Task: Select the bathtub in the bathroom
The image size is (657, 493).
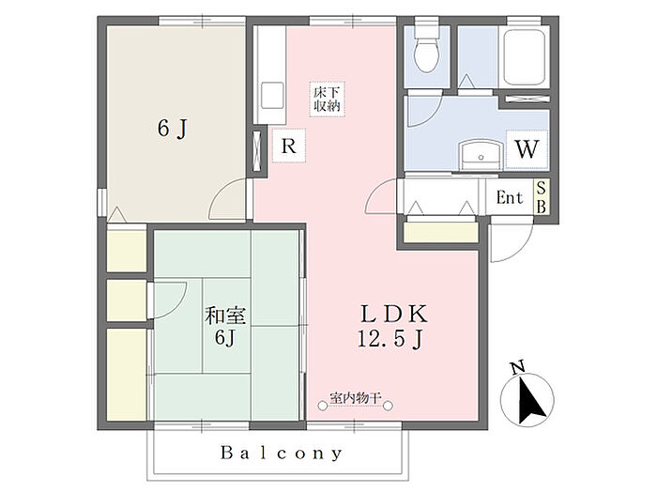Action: pos(524,57)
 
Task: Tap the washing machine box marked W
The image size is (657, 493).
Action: pos(527,148)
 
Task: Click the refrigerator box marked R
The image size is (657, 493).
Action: pos(289,146)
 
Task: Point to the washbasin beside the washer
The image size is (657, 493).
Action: pos(481,155)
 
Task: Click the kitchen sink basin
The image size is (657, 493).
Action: pos(272,96)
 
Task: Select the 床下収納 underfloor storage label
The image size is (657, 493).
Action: pos(327,100)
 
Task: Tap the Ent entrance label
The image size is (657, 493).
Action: pos(510,197)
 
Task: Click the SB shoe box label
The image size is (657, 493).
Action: pos(541,197)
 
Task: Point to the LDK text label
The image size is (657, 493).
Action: pos(394,314)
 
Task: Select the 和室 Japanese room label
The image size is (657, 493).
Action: pos(225,316)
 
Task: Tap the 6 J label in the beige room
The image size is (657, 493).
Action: pos(172,128)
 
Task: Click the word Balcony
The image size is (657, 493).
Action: pos(282,453)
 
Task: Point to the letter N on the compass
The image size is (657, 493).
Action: pos(518,368)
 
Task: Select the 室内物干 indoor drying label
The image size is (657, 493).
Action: pos(356,397)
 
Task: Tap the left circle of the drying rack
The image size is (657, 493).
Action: pos(322,406)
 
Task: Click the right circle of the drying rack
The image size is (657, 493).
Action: pos(388,406)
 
